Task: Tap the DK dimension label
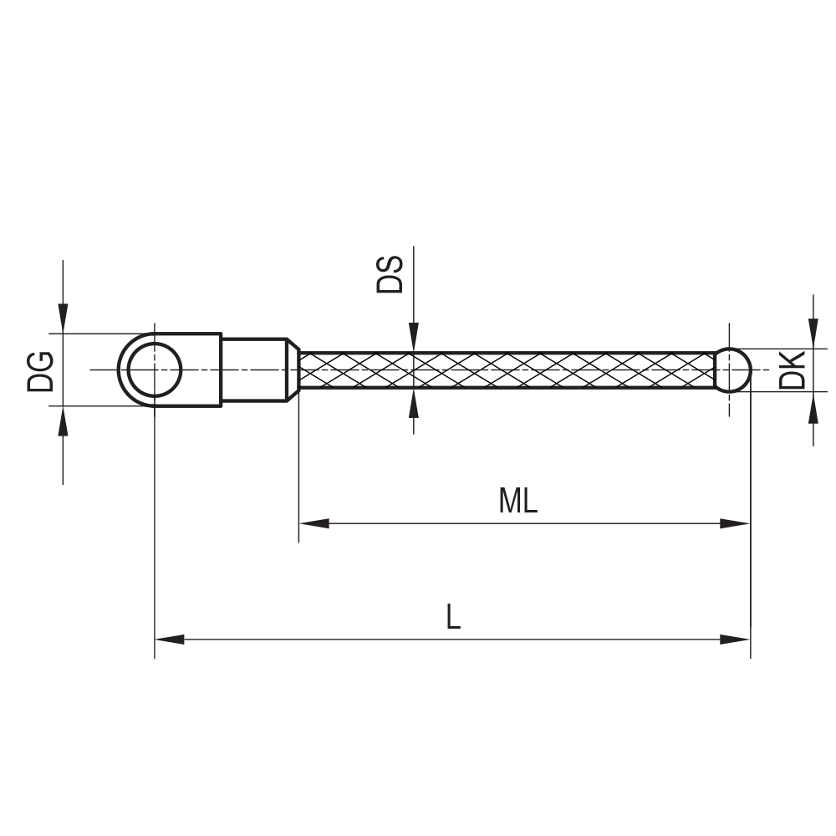click(792, 370)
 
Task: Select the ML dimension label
click(517, 501)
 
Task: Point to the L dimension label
click(452, 617)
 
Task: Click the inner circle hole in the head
click(155, 370)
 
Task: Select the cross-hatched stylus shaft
click(502, 370)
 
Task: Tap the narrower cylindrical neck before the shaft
click(253, 370)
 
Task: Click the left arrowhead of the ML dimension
click(313, 523)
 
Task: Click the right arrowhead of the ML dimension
click(736, 523)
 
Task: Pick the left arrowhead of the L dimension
click(169, 640)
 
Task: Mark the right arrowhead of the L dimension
click(736, 640)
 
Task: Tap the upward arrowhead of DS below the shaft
click(413, 403)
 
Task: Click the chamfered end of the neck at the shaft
click(293, 370)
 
